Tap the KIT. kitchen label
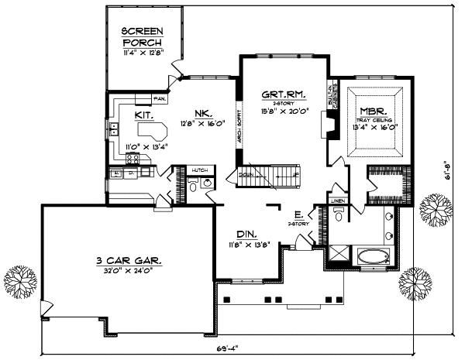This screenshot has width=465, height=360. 143,115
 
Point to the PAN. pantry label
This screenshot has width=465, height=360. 160,98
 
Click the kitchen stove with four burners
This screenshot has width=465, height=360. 132,159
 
